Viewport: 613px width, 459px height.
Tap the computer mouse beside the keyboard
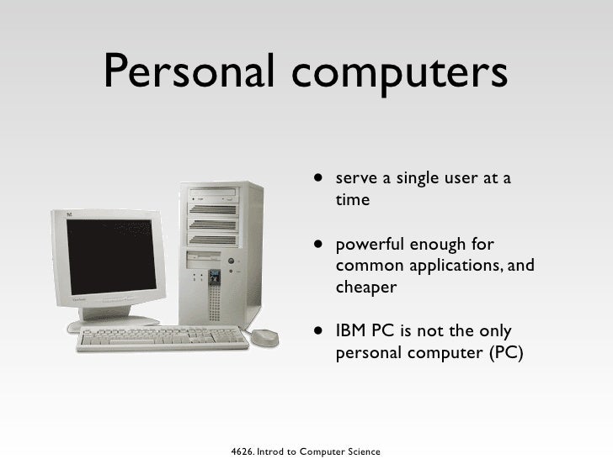(264, 336)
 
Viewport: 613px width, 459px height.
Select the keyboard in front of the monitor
(164, 339)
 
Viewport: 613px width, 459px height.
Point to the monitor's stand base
(114, 322)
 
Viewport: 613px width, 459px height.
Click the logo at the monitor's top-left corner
(60, 214)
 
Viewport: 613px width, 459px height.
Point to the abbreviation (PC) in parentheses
(505, 351)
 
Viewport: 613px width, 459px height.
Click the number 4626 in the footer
(243, 450)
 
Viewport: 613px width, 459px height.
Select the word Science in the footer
(360, 450)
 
